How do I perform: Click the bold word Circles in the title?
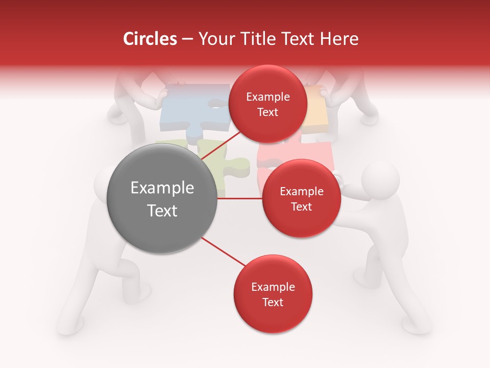(x=150, y=39)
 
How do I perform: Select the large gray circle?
(x=162, y=198)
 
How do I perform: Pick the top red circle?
(x=268, y=104)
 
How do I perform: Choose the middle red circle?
(x=301, y=198)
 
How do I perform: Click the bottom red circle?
(x=273, y=294)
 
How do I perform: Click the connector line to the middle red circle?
(x=240, y=198)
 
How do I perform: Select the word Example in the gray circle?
(x=162, y=188)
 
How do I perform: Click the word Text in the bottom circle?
(x=273, y=302)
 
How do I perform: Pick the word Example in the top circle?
(x=268, y=97)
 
